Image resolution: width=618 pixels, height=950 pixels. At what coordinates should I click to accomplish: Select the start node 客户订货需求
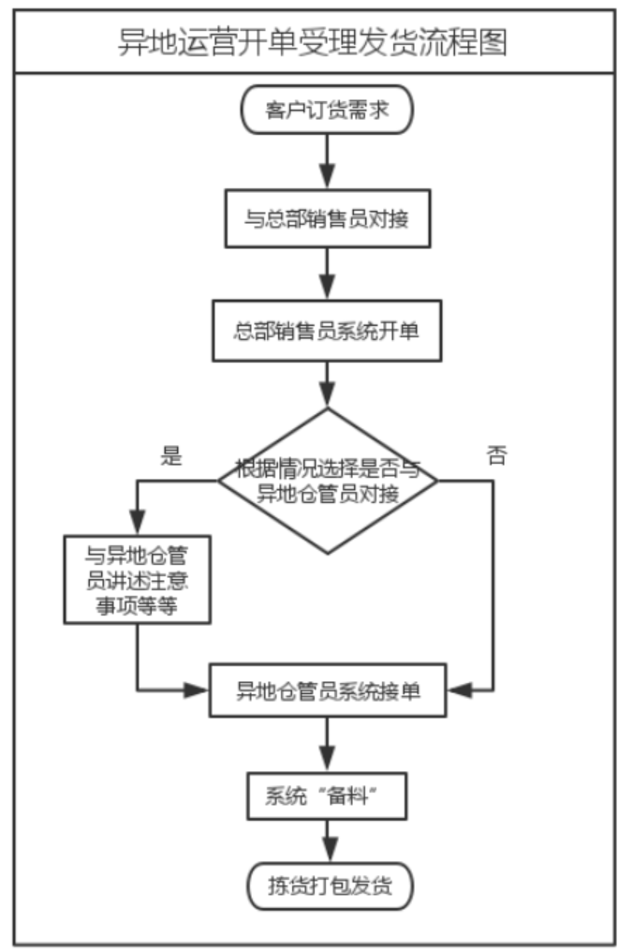tap(327, 111)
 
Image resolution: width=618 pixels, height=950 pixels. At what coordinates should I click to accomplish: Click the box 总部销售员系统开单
tap(327, 331)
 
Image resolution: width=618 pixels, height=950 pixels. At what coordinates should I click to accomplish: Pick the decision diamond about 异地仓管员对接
tap(327, 481)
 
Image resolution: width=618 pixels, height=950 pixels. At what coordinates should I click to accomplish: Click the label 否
tap(496, 456)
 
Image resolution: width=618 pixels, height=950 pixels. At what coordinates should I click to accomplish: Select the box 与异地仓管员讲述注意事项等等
tap(138, 579)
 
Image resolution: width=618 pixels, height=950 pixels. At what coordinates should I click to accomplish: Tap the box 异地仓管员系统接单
tap(327, 691)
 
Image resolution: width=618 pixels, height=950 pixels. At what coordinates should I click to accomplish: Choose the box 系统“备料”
tap(327, 795)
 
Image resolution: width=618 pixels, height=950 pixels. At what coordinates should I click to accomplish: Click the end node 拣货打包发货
tap(327, 883)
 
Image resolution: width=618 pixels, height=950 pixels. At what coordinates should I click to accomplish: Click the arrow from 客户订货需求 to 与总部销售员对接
tap(327, 160)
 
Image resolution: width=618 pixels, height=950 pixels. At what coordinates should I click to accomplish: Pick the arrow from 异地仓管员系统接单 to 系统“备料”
tap(327, 745)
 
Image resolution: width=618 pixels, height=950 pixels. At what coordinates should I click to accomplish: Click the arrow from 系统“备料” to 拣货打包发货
tap(327, 839)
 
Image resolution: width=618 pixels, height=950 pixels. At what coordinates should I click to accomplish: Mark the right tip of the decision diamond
tap(436, 480)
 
